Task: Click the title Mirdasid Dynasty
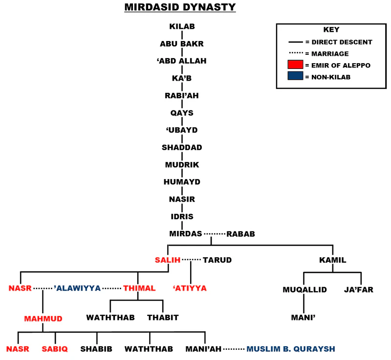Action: (180, 7)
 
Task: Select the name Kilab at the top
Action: (182, 26)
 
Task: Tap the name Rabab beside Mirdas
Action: (240, 234)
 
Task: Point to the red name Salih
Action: (168, 260)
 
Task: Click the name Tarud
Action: (217, 260)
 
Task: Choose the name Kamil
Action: (332, 260)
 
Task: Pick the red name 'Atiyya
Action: (190, 288)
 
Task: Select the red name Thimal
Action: (139, 288)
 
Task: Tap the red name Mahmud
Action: (43, 318)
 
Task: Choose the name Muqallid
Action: (304, 290)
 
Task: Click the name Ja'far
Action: (359, 290)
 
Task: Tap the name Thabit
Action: (163, 317)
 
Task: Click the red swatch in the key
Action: (295, 65)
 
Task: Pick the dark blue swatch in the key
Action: (295, 76)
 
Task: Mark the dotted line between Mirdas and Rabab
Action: (214, 234)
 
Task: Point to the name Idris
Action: (182, 216)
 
